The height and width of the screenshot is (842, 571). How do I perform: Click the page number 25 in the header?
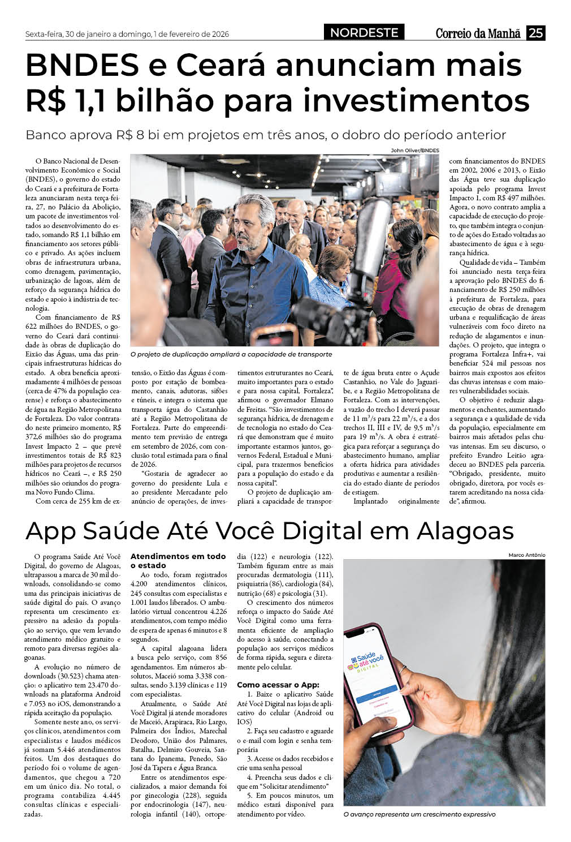click(535, 33)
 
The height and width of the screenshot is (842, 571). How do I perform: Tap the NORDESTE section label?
click(364, 33)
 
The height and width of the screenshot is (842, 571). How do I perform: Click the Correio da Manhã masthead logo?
click(478, 33)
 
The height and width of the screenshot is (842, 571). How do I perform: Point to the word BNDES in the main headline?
click(82, 65)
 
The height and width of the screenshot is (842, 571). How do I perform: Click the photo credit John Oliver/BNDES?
click(414, 150)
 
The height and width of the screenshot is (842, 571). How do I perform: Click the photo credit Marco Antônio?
click(526, 555)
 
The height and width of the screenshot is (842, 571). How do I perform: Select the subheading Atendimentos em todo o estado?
click(178, 561)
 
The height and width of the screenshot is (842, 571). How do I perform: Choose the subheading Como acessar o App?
click(278, 685)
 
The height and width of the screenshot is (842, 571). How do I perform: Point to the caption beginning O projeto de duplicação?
click(231, 354)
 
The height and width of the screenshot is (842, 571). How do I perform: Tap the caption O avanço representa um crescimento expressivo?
click(419, 814)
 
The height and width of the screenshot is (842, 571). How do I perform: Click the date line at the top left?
click(127, 34)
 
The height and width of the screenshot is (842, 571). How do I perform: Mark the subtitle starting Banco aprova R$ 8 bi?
click(266, 135)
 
